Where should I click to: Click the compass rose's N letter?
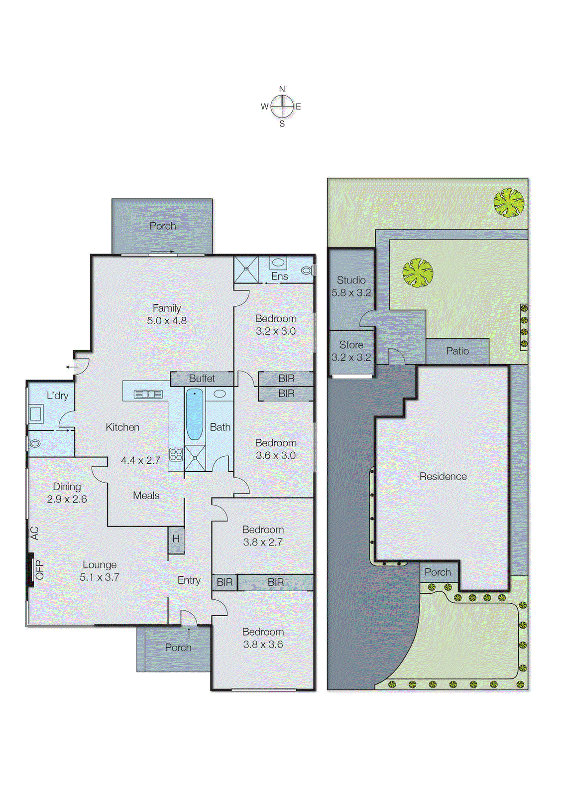(282, 89)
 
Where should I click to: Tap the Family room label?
(167, 308)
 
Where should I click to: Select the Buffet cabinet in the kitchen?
(202, 379)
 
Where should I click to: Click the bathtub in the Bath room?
(194, 415)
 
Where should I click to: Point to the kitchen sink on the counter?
(148, 395)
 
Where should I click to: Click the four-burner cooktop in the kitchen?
(176, 454)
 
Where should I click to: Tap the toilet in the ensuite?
(307, 270)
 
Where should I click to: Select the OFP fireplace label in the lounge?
(39, 570)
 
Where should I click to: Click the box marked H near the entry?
(176, 539)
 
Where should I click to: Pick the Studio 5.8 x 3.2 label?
(351, 286)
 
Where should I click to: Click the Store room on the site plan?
(351, 351)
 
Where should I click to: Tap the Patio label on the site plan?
(457, 351)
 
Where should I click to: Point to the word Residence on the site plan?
(443, 477)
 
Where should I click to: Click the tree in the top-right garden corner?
(508, 202)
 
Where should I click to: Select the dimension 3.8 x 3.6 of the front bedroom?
(263, 645)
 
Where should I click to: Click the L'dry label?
(57, 396)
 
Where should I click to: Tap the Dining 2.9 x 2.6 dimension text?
(67, 499)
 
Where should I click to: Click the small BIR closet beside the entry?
(225, 582)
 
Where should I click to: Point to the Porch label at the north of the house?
(163, 226)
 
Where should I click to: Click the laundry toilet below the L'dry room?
(34, 443)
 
